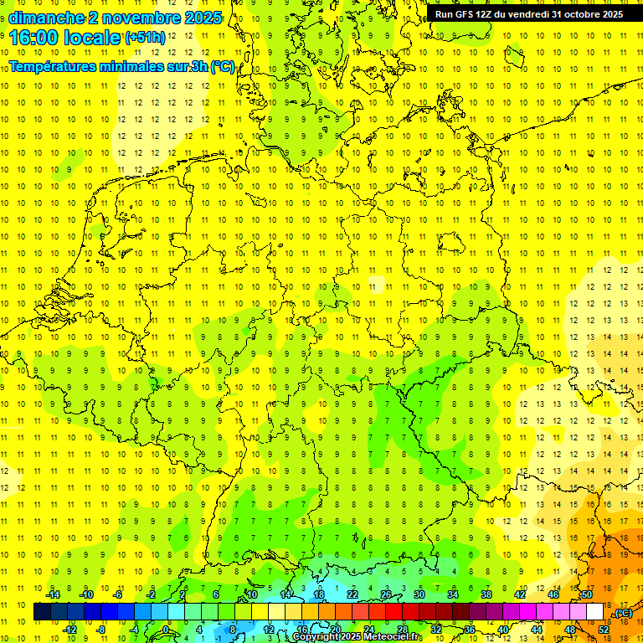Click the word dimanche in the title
point(46,18)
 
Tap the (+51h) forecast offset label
point(145,38)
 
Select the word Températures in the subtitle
point(53,66)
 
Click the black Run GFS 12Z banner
point(529,14)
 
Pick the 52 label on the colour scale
point(604,629)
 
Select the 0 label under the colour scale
point(165,629)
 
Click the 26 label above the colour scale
point(386,594)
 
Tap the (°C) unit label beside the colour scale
point(622,613)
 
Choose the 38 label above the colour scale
point(486,594)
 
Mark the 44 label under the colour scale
point(537,629)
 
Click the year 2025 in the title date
point(203,18)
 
